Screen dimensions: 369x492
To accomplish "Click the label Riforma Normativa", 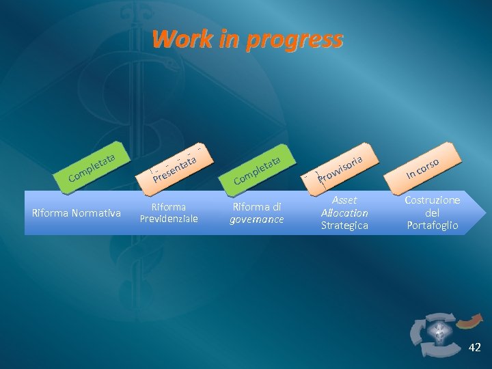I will pos(77,213).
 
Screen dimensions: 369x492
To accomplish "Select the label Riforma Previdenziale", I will pos(169,213).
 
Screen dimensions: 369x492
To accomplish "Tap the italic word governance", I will pos(257,219).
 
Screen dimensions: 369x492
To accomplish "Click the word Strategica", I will pos(344,225).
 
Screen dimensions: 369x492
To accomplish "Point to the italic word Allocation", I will pos(344,213).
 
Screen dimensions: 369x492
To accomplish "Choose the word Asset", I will pos(344,200).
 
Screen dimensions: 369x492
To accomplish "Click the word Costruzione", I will pos(433,200).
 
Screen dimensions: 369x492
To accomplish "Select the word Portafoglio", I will pos(433,225).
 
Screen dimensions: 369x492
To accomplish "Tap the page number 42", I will pos(474,348).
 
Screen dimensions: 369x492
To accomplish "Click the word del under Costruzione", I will pos(433,213).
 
